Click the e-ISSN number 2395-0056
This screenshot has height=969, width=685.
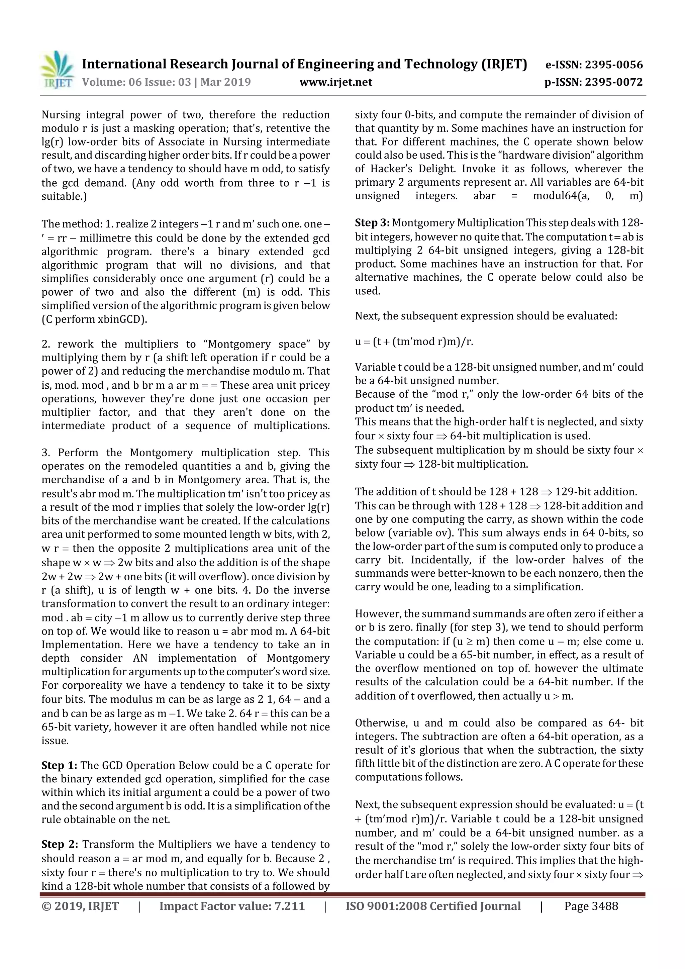pos(614,65)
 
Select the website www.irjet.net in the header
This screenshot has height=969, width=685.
pos(336,82)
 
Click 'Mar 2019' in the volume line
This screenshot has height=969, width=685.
pos(225,82)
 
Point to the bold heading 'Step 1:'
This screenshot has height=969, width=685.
pos(59,766)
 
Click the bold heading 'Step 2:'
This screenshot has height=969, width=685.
pos(60,845)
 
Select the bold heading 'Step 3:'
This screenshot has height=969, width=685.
pos(373,223)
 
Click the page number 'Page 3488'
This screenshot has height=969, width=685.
pos(591,906)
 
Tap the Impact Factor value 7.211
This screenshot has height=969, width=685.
pos(287,906)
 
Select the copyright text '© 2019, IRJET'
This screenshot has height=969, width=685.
pos(80,906)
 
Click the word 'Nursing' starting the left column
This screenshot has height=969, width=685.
pos(62,115)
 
